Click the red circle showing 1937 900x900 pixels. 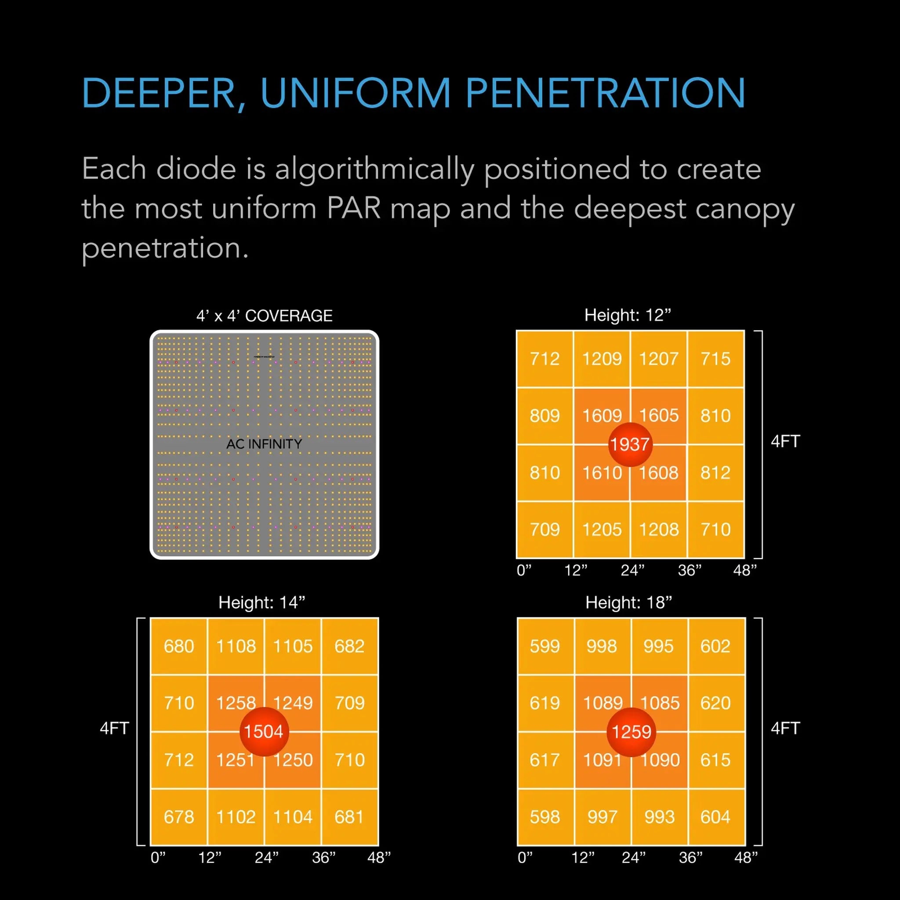(630, 444)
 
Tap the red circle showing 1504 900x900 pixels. (264, 731)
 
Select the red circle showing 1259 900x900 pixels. (631, 731)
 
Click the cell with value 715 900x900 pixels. (715, 359)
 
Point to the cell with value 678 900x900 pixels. (179, 817)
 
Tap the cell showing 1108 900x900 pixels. (236, 646)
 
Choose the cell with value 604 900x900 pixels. (715, 817)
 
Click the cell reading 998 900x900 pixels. (602, 646)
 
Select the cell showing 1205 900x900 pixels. (602, 530)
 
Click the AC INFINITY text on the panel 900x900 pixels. (264, 444)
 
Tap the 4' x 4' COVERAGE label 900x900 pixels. (264, 316)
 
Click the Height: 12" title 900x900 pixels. (628, 316)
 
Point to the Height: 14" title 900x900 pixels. (262, 602)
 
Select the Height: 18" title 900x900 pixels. (628, 602)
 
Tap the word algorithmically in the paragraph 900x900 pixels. (374, 169)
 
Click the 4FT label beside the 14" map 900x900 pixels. (114, 728)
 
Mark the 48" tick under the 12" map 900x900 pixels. (744, 570)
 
